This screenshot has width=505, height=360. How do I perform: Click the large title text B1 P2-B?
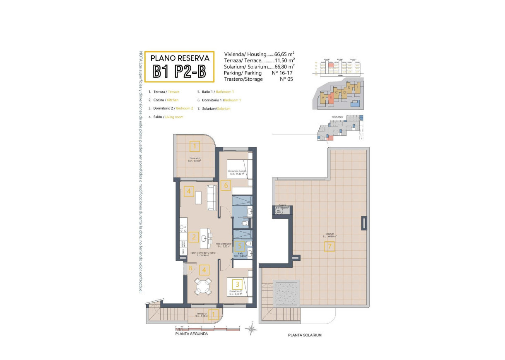tap(179, 72)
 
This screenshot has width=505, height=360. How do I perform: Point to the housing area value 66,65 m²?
tap(284, 54)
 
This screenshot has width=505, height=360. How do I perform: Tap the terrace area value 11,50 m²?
tap(284, 60)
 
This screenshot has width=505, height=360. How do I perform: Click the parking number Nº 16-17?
tap(282, 73)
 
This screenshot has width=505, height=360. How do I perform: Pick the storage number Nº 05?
tap(286, 79)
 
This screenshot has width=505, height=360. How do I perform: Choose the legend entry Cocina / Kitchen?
tap(164, 100)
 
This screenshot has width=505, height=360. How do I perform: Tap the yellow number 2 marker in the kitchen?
tap(193, 237)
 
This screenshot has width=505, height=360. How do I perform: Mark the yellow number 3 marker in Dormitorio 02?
tap(238, 284)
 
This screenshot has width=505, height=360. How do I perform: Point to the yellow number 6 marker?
tap(226, 185)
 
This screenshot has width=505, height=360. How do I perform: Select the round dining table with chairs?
tap(203, 286)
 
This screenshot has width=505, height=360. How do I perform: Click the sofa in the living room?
tap(211, 197)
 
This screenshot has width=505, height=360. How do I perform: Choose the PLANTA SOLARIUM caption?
tap(305, 335)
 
